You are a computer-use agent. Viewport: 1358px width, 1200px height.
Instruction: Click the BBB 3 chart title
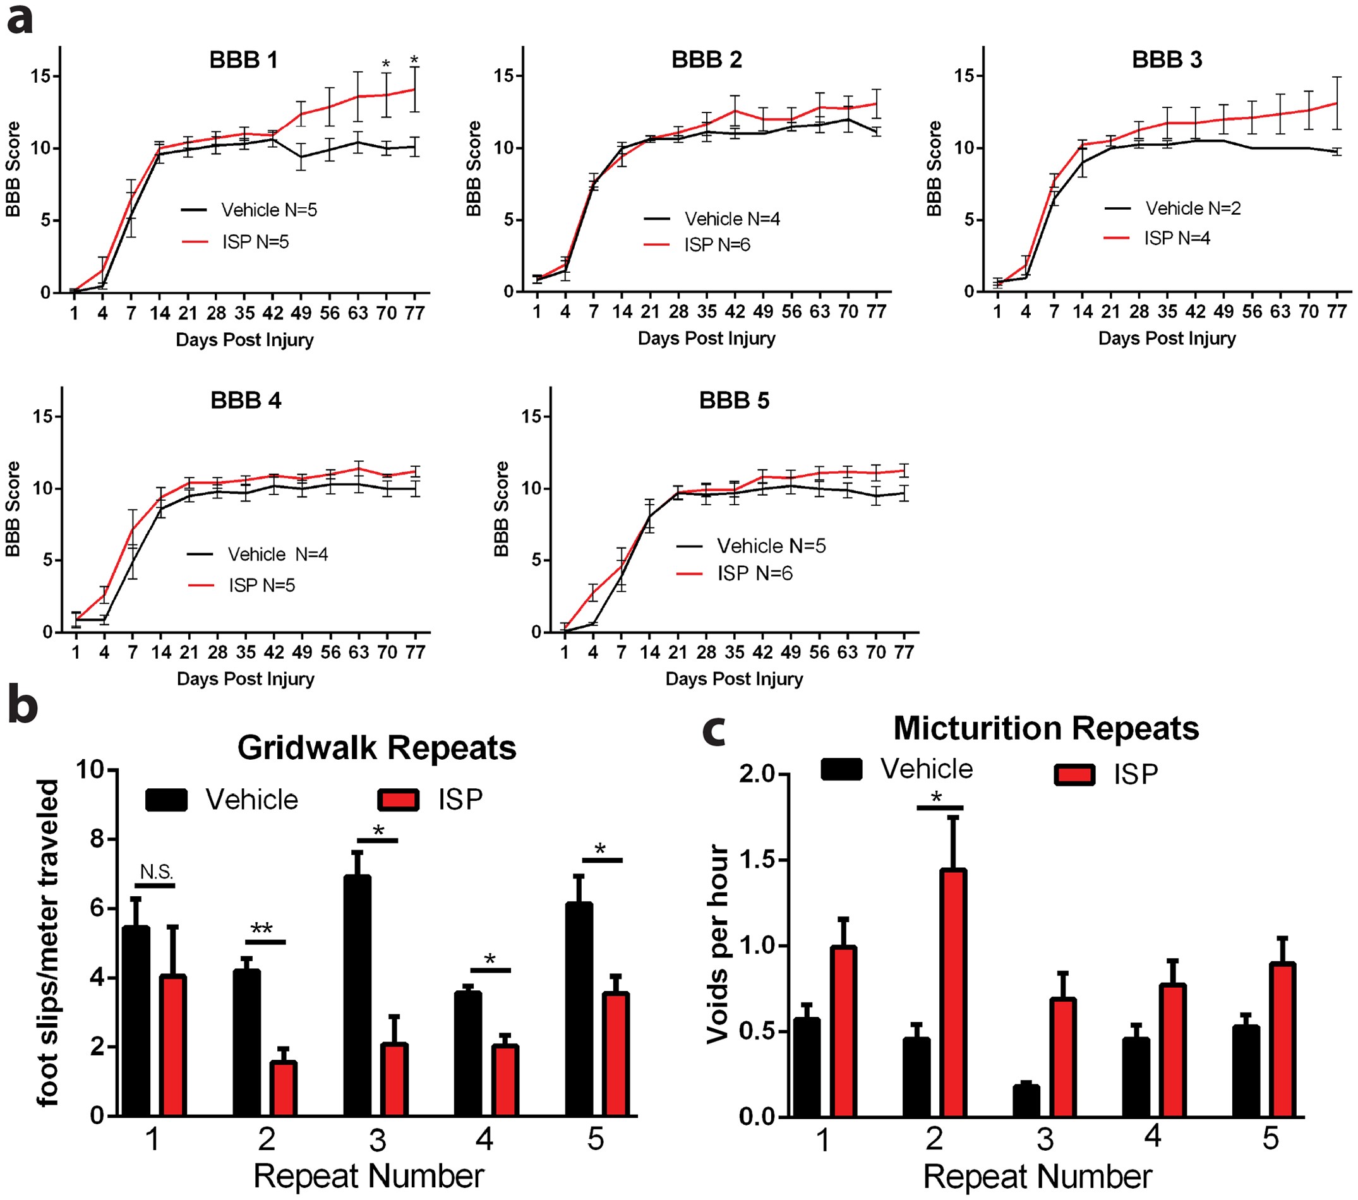point(1167,60)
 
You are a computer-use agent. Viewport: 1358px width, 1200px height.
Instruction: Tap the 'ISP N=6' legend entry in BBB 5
point(755,573)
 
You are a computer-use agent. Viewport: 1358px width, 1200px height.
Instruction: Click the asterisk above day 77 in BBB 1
point(414,61)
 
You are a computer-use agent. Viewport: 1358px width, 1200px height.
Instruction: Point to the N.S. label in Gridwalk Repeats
point(156,872)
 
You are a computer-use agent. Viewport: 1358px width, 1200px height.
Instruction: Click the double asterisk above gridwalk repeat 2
point(261,929)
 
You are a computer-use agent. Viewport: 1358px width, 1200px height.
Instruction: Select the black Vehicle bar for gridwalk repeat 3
point(358,997)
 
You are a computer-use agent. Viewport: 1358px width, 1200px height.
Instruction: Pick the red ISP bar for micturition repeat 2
point(953,993)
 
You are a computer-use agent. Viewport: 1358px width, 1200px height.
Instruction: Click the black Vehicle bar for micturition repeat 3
point(1026,1101)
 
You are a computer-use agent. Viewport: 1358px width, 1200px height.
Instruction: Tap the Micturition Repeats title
point(1046,728)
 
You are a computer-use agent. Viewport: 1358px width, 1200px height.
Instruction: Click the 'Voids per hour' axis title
point(718,944)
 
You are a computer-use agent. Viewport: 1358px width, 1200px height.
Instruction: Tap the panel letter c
point(715,731)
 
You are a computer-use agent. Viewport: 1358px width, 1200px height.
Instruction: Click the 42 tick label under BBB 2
point(734,311)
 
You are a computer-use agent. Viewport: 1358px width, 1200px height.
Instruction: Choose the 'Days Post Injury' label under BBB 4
point(245,679)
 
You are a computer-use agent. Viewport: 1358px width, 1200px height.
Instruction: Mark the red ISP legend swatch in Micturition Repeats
point(1074,775)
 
